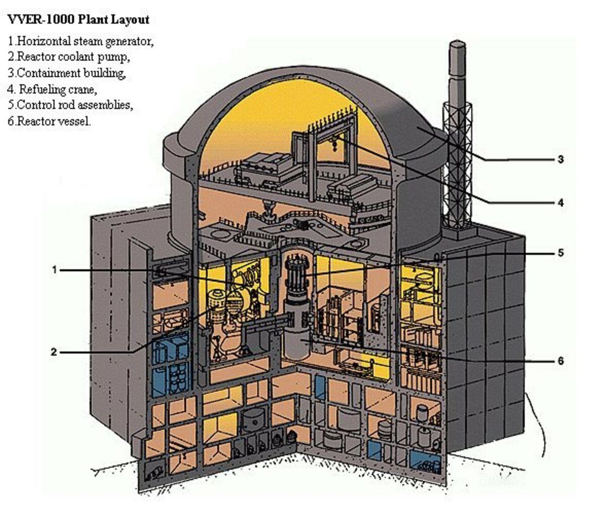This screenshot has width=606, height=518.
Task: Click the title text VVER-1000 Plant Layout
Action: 79,20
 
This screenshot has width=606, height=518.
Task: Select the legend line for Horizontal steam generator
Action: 81,41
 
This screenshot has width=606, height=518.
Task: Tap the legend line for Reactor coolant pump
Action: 69,57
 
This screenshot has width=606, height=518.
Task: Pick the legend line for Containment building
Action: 67,73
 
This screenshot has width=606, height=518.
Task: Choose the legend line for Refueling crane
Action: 52,89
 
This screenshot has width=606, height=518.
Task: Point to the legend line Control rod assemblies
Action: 70,104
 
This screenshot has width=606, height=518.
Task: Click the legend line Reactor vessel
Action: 49,121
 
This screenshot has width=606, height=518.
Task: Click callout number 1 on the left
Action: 54,270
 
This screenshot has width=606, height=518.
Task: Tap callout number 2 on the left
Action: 54,352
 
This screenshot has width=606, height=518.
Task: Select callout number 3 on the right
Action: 561,159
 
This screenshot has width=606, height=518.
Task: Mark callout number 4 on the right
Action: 561,203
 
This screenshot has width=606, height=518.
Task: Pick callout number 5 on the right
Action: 561,252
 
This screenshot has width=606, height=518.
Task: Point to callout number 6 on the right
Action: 561,361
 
